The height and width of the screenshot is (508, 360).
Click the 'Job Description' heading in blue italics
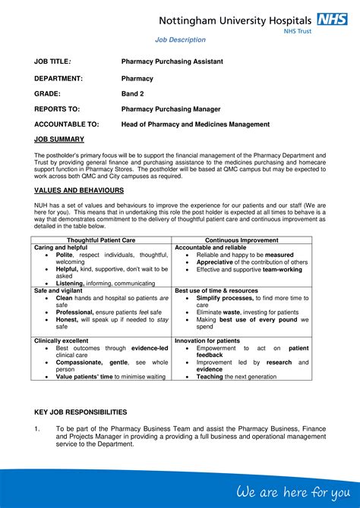[180, 39]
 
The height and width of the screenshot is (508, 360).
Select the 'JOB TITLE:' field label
[52, 61]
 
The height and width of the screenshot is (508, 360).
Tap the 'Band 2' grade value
[132, 94]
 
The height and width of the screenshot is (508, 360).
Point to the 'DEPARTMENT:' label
[58, 78]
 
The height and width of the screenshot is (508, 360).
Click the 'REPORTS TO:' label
[57, 108]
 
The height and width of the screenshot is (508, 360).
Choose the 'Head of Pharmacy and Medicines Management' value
[195, 124]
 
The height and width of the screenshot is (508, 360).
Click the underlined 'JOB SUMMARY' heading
[60, 140]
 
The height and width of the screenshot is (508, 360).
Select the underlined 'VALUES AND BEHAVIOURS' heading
[79, 190]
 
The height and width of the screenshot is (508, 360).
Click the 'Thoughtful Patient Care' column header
[103, 240]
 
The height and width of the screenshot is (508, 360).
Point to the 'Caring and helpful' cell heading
[61, 248]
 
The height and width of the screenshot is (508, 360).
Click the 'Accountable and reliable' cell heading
[210, 248]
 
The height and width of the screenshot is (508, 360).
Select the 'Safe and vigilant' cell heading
[58, 290]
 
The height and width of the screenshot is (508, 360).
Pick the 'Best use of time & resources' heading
[216, 290]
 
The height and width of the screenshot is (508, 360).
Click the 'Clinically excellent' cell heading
[62, 340]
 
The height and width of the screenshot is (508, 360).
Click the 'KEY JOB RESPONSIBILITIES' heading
[81, 412]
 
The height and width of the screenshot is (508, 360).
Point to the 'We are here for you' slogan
[293, 492]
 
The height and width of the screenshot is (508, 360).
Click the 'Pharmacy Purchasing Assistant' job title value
[172, 61]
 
